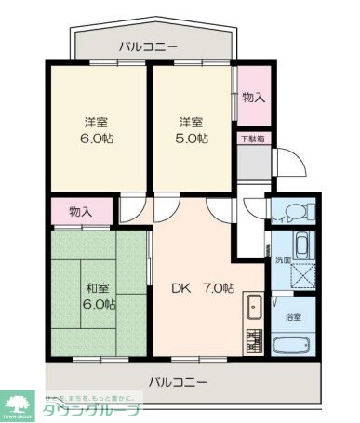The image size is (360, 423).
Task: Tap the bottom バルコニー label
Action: [x=177, y=380]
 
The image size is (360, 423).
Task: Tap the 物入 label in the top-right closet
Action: [x=252, y=98]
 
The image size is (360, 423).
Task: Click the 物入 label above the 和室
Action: [x=81, y=212]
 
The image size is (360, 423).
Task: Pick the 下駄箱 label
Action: [x=252, y=139]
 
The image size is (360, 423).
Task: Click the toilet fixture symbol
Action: [x=300, y=211]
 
